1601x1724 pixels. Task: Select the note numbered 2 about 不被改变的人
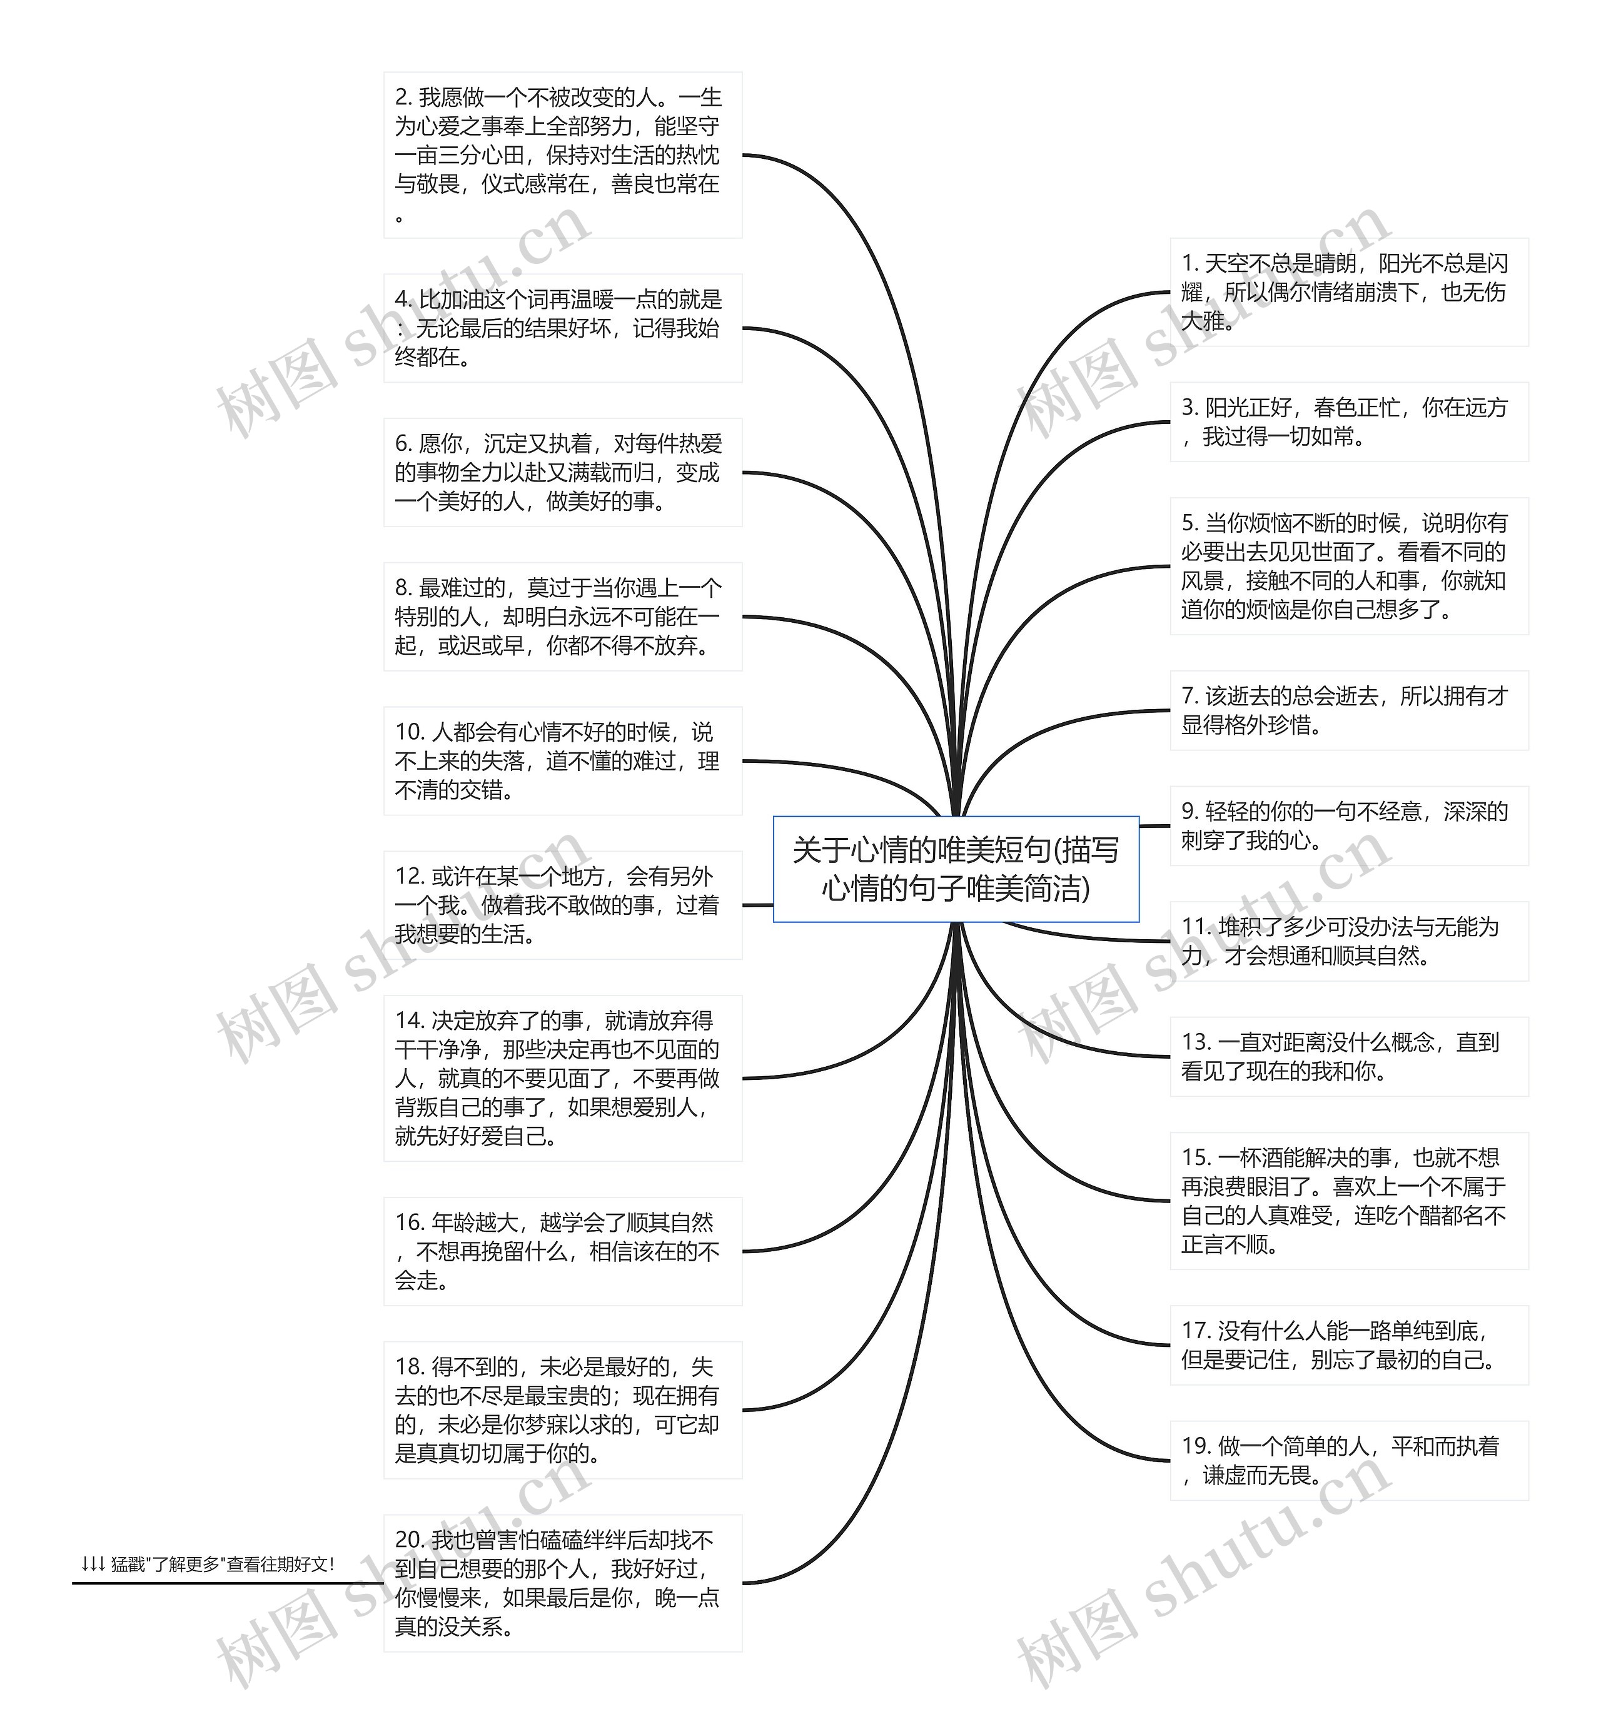[x=562, y=154]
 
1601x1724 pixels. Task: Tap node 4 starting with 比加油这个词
[x=562, y=328]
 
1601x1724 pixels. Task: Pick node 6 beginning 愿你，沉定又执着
[x=562, y=472]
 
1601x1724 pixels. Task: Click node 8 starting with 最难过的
[x=562, y=616]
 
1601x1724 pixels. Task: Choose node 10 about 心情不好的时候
[x=562, y=760]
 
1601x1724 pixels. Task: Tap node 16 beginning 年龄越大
[x=562, y=1251]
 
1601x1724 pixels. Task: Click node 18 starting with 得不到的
[x=562, y=1409]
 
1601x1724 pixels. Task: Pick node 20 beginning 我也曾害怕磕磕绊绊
[x=562, y=1583]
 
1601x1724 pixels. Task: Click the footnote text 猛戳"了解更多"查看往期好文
[x=208, y=1564]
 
